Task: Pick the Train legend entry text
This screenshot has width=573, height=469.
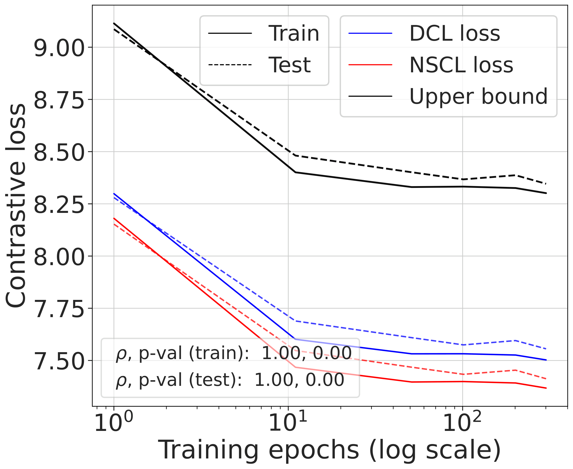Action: pyautogui.click(x=294, y=33)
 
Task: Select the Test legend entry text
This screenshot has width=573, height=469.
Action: pyautogui.click(x=289, y=65)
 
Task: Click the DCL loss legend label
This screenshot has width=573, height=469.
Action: pyautogui.click(x=455, y=33)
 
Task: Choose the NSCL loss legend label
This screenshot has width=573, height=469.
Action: pyautogui.click(x=461, y=65)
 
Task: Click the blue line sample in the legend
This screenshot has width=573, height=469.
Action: pyautogui.click(x=370, y=33)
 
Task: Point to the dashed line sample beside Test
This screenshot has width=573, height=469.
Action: pyautogui.click(x=230, y=65)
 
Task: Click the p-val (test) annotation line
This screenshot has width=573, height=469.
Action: pyautogui.click(x=230, y=380)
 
